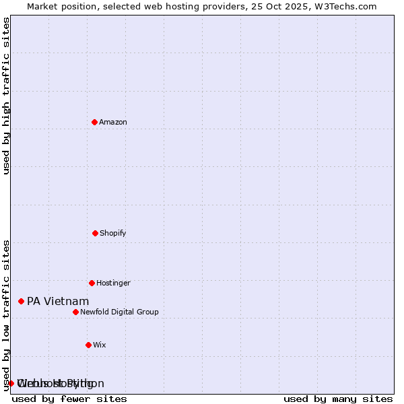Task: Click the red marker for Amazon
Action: [94, 122]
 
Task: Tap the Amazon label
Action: [113, 123]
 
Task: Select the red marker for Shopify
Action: [95, 233]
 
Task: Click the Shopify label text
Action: [113, 234]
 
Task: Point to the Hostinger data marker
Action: [92, 283]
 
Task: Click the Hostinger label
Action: [113, 283]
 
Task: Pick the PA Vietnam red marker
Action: [21, 301]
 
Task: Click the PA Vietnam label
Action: [58, 302]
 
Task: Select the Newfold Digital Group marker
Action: [75, 312]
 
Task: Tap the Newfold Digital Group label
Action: [119, 312]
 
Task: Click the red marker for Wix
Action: [88, 345]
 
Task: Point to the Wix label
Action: [100, 345]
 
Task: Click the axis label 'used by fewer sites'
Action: [69, 399]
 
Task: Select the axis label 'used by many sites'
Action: [338, 399]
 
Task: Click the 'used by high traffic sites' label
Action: [7, 96]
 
